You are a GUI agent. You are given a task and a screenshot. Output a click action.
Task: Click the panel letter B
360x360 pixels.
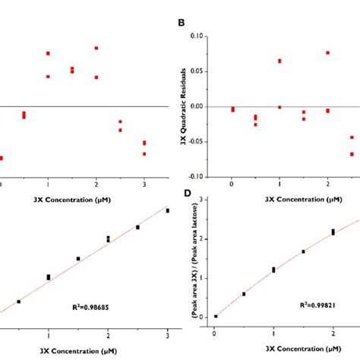[x=182, y=23]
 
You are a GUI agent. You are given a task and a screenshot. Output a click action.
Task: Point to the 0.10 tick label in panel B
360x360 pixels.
[x=196, y=36]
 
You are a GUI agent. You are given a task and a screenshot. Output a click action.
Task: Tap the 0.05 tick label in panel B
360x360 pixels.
[x=196, y=71]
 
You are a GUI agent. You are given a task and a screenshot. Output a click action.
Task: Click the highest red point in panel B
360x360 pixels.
[x=327, y=52]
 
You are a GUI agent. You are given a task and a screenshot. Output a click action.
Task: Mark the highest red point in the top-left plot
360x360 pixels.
[x=96, y=48]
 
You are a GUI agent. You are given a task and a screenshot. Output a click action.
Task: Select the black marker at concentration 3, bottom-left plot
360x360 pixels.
[x=168, y=210]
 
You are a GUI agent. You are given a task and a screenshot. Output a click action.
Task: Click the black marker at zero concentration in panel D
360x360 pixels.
[x=216, y=316]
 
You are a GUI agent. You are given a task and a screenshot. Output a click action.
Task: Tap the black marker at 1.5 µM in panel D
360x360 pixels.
[x=303, y=251]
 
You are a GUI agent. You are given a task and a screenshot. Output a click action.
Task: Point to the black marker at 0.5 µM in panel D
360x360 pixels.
[x=244, y=294]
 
